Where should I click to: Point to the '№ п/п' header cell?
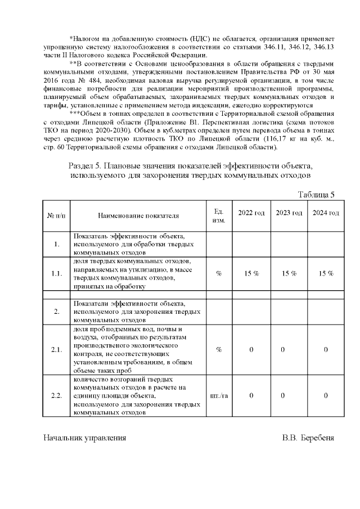coord(56,215)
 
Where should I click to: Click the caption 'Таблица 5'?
coord(316,195)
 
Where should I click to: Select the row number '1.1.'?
coord(56,273)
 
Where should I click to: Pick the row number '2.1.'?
coord(56,350)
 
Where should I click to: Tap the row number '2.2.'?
coord(56,396)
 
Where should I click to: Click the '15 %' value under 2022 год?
coord(251,273)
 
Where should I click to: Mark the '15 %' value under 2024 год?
coord(326,273)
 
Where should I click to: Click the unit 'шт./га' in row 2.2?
coord(219,396)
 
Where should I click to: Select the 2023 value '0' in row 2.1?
coord(282,350)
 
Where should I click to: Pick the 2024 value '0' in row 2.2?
coord(326,396)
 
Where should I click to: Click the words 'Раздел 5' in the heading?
coord(85,166)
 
